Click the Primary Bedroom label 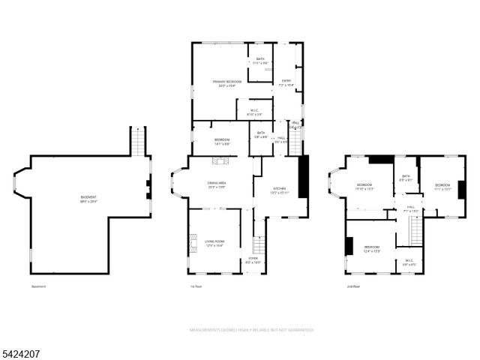coord(222,83)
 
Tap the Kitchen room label coord(280,190)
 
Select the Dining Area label coord(219,185)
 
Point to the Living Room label coord(214,243)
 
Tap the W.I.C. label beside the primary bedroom coord(253,112)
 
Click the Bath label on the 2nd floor coord(405,178)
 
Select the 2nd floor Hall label coord(410,208)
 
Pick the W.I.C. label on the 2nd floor coord(409,262)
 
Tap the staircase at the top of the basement coord(138,141)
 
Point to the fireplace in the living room coord(193,241)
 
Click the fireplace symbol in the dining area coord(220,160)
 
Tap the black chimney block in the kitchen coord(303,177)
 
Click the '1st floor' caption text coord(197,286)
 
